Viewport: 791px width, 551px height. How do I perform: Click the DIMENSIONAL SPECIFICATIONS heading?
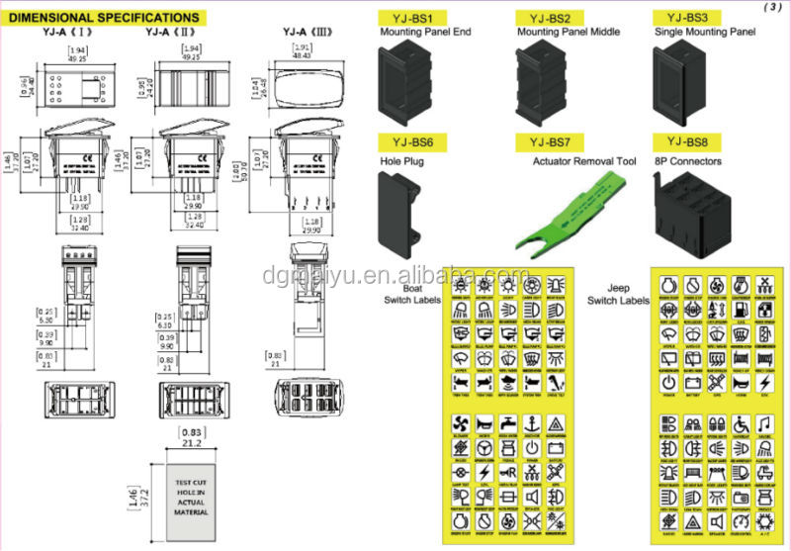pyautogui.click(x=104, y=17)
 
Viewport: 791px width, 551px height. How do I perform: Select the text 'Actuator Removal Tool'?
pyautogui.click(x=571, y=161)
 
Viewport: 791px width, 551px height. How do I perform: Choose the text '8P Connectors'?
pyautogui.click(x=689, y=160)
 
